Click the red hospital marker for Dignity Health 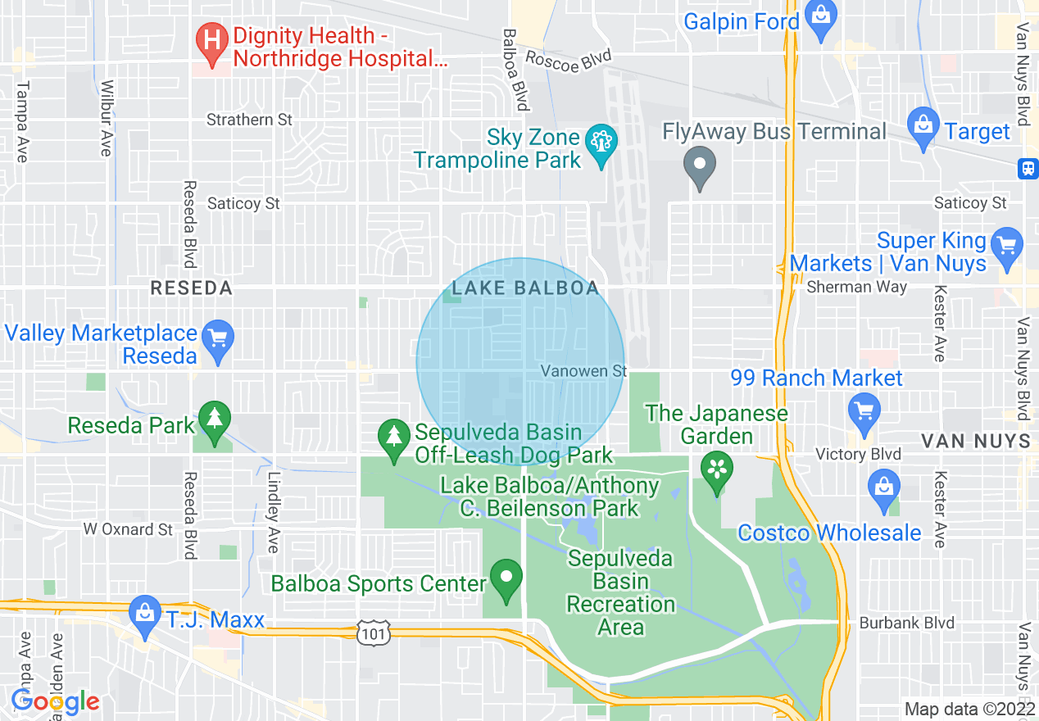click(212, 39)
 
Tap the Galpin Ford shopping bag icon click(819, 16)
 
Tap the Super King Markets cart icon click(1006, 245)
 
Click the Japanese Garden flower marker click(717, 469)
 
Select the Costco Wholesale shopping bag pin click(884, 486)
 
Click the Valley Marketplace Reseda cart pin click(218, 338)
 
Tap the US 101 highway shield click(373, 632)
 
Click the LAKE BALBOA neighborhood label click(525, 288)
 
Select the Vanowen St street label click(583, 371)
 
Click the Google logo click(55, 701)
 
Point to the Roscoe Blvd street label click(568, 61)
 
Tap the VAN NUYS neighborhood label click(975, 441)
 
